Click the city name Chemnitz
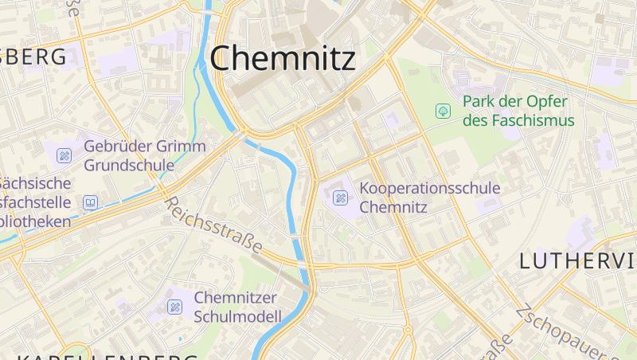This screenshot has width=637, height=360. (283, 58)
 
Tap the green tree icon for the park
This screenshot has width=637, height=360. (442, 112)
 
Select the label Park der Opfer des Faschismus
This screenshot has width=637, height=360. (518, 112)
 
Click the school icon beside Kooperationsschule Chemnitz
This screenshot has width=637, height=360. (340, 198)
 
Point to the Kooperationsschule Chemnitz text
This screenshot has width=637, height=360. (430, 198)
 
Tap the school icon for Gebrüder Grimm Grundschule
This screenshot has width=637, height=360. (64, 155)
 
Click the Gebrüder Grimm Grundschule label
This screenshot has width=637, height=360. (144, 155)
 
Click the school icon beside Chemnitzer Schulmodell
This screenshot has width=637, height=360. (174, 307)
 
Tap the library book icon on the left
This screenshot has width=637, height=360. (90, 203)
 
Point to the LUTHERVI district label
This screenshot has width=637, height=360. (577, 260)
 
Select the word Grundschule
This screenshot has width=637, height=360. (129, 166)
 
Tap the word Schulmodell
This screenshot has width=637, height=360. (237, 316)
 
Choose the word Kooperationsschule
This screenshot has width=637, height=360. (430, 188)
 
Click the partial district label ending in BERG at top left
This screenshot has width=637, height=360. (33, 57)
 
